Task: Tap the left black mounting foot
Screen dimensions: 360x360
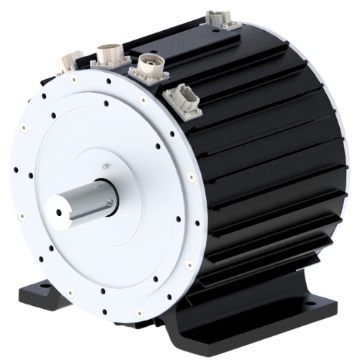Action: click(32, 295)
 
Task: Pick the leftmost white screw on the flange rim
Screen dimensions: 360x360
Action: click(22, 214)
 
